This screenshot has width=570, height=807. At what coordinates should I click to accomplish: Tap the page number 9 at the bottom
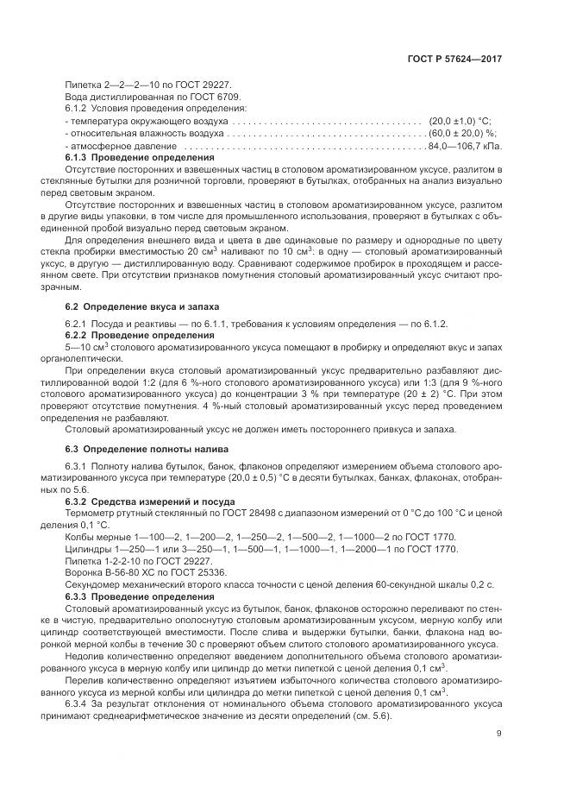point(499,734)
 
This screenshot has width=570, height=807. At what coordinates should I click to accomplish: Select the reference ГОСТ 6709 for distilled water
point(217,98)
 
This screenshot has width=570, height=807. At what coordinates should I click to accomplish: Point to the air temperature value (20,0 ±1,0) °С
point(460,123)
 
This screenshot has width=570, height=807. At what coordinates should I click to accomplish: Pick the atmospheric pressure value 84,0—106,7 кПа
point(464,147)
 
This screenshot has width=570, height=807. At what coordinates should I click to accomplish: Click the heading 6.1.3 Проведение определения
point(140,159)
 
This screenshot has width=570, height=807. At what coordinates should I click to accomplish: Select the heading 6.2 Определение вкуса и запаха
point(142,306)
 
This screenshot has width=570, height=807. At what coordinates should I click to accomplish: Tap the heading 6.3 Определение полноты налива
point(147,449)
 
